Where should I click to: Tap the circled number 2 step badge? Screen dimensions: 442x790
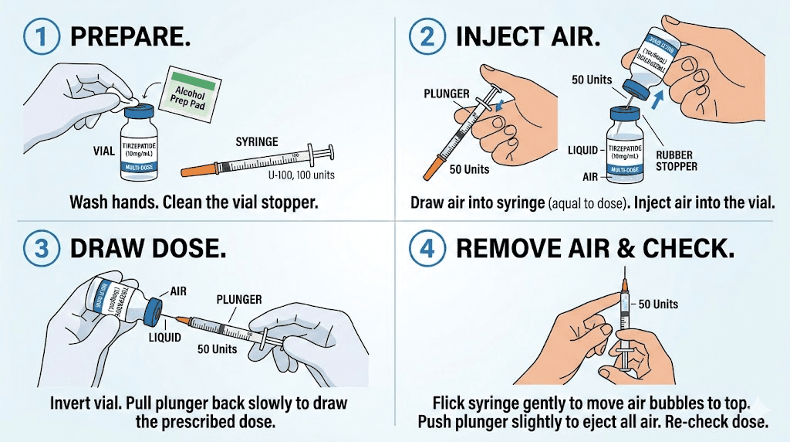[425, 36]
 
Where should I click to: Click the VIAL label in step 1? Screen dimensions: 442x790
[102, 151]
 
